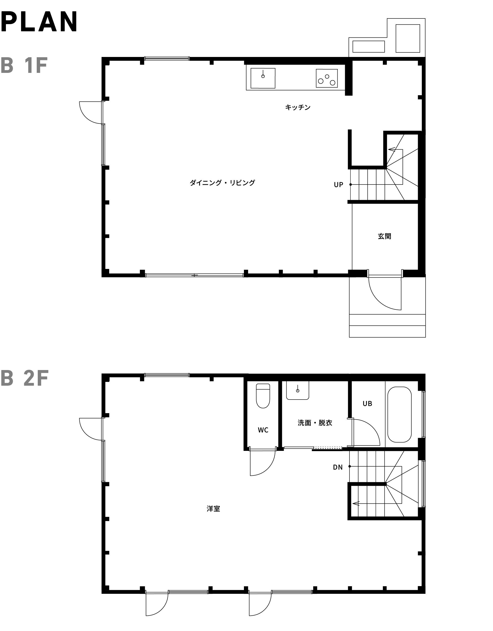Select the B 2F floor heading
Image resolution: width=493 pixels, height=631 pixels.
25,378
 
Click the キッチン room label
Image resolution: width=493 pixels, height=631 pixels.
298,108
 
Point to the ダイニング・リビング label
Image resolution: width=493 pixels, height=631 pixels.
222,183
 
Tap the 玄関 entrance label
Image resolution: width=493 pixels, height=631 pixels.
384,236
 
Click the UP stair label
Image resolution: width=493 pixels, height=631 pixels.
338,185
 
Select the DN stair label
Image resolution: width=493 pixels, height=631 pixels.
338,467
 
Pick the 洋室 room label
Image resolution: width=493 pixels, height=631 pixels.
213,509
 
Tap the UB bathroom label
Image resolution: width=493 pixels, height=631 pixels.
367,404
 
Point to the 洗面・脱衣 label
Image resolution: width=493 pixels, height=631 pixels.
315,423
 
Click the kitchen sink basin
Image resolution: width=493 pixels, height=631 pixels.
263,78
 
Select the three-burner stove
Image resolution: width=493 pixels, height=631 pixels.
327,78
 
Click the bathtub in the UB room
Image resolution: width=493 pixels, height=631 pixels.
399,415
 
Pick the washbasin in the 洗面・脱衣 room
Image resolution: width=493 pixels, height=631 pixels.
298,390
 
